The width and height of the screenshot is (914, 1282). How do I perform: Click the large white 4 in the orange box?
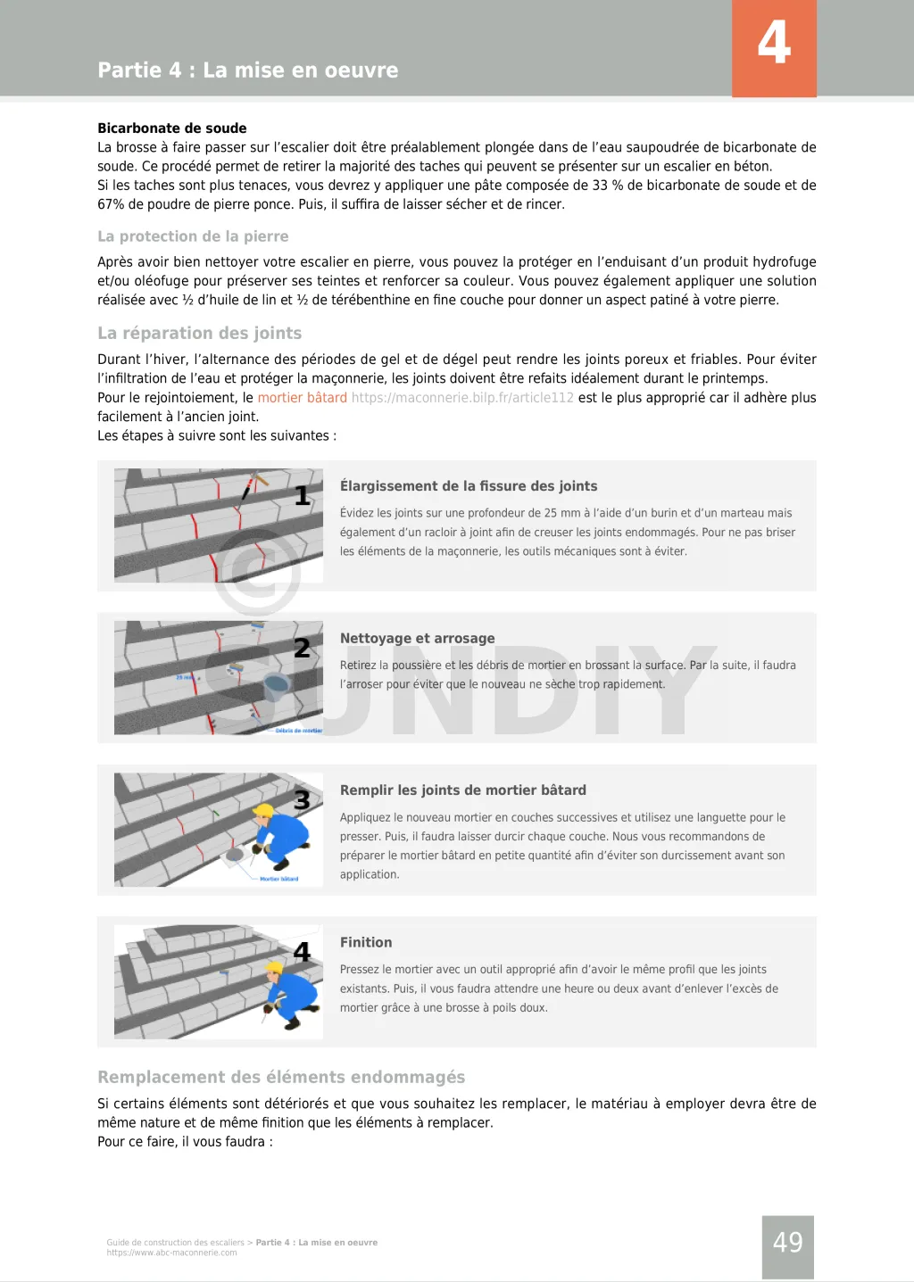[774, 43]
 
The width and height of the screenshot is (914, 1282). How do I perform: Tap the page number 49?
[787, 1242]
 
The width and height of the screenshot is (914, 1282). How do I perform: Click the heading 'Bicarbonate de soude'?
[171, 128]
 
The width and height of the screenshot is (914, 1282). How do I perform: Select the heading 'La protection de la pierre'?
[193, 236]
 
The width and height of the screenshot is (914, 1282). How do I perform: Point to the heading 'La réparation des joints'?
[199, 333]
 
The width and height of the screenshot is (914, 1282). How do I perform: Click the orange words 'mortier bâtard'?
[302, 398]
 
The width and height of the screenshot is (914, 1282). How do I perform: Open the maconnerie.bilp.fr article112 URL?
[462, 398]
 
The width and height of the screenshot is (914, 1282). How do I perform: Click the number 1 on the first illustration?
[303, 496]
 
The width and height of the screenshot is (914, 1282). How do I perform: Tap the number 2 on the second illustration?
[303, 648]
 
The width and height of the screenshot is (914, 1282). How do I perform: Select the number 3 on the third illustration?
[303, 800]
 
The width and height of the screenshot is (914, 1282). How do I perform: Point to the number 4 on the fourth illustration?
[303, 952]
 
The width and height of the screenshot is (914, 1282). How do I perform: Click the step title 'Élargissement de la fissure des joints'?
[469, 486]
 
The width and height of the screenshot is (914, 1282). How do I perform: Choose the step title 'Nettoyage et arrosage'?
[417, 638]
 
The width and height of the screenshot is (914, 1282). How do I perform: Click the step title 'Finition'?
[366, 942]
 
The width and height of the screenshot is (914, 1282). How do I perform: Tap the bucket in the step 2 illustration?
[277, 684]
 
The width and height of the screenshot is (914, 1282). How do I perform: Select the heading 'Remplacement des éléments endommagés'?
[281, 1077]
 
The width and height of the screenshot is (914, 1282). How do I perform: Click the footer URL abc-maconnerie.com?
[171, 1253]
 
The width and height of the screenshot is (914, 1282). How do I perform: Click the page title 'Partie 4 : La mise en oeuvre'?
[248, 70]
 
